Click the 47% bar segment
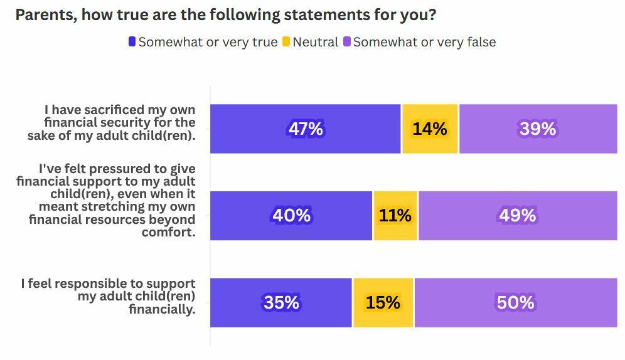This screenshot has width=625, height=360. (x=305, y=129)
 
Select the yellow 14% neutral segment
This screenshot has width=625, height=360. (x=430, y=129)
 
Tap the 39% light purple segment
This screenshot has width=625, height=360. (x=538, y=129)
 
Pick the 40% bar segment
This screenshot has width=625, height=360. (x=291, y=215)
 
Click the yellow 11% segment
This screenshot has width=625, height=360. (x=395, y=215)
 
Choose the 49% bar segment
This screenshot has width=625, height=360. (x=518, y=215)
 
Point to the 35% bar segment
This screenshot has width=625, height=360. (x=281, y=302)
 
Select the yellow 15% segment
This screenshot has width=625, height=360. (x=383, y=302)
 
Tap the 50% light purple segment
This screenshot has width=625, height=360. (x=515, y=302)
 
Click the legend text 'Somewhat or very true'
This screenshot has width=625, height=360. (x=208, y=42)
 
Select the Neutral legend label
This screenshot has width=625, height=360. (x=315, y=42)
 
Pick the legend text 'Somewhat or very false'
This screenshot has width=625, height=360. (x=424, y=42)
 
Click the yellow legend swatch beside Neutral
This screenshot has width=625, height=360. (x=286, y=42)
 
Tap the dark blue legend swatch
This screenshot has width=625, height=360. (x=132, y=42)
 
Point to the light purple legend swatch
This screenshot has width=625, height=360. (x=346, y=42)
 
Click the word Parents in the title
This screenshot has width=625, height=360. (x=44, y=15)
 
